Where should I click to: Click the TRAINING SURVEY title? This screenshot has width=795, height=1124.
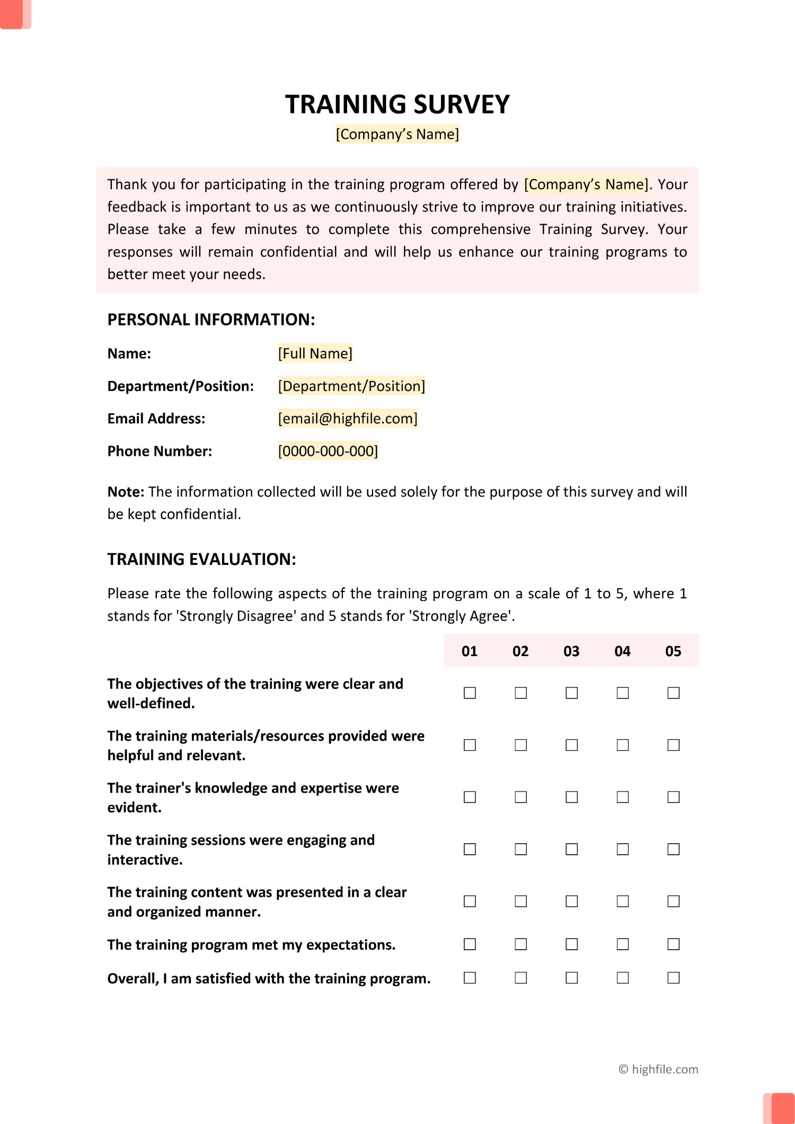[397, 104]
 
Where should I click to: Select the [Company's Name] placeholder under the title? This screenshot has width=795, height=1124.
[397, 134]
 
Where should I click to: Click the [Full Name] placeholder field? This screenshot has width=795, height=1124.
[315, 353]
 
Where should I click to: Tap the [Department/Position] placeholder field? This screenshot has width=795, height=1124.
[351, 386]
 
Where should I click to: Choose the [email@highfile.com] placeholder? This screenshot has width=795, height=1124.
[348, 419]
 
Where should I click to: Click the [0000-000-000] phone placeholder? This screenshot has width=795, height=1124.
[328, 451]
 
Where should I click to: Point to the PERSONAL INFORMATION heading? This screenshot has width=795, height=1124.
[211, 320]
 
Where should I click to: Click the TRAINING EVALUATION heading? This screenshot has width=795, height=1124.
[201, 559]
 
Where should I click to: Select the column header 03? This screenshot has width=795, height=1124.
[571, 651]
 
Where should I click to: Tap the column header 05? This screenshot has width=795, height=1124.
[673, 651]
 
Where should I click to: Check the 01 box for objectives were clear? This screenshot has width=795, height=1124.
[470, 693]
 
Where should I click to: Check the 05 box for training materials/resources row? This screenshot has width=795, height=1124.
[673, 745]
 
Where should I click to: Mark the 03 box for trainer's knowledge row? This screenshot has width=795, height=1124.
[571, 797]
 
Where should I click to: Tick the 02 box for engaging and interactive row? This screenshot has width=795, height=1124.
[520, 849]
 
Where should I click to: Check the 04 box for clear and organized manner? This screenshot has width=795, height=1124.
[622, 901]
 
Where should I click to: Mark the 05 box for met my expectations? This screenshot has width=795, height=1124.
[673, 944]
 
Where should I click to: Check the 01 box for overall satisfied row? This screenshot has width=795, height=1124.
[470, 978]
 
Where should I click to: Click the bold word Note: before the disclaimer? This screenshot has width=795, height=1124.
[126, 492]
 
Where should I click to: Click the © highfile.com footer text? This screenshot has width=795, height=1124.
[658, 1069]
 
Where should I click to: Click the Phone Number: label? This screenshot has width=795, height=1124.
[160, 451]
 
